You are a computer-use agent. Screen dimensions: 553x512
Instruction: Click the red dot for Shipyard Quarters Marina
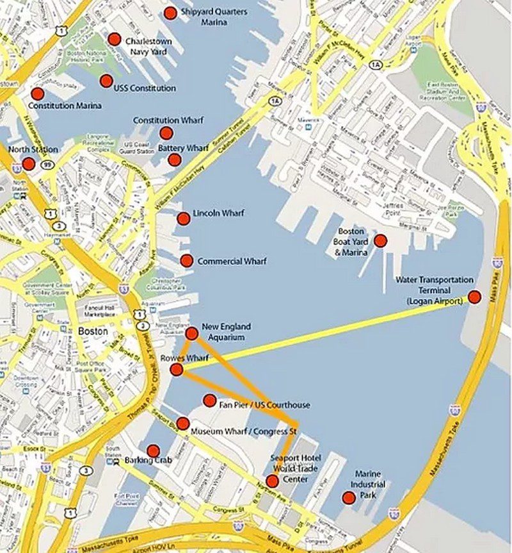pos(170,13)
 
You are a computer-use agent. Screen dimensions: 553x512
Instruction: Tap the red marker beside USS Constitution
pos(106,81)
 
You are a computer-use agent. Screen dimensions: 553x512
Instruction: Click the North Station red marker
pos(29,163)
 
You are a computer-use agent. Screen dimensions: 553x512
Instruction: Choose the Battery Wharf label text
pos(183,148)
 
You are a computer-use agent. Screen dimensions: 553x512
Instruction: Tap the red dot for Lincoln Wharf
pos(183,219)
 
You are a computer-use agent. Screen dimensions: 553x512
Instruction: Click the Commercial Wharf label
pos(232,261)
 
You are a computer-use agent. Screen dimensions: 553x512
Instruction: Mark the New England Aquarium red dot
pos(191,333)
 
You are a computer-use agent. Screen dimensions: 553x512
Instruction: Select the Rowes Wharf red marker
pos(177,370)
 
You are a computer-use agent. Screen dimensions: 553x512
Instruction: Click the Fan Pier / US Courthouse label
pos(264,405)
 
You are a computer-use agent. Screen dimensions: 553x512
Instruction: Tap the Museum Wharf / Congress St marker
pos(182,424)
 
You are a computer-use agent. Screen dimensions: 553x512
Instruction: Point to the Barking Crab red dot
pos(153,451)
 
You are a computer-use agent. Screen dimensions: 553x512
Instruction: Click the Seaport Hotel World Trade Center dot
pos(273,481)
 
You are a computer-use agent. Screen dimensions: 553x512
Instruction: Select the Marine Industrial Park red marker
pos(349,497)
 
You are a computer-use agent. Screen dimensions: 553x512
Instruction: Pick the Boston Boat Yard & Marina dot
pos(380,241)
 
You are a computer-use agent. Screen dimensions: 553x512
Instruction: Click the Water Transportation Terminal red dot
pos(474,297)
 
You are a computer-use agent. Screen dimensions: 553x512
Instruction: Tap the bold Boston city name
pos(93,332)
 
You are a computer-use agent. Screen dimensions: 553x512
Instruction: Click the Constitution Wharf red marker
pos(166,133)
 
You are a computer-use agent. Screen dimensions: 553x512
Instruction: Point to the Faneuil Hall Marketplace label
pos(99,311)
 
